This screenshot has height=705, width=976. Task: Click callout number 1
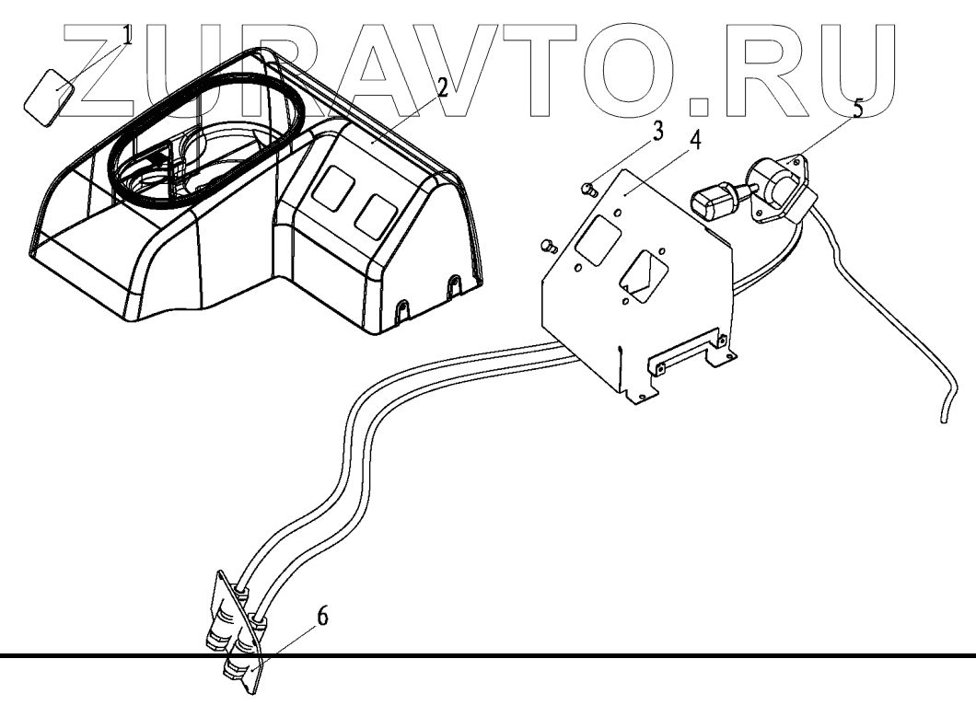point(127,37)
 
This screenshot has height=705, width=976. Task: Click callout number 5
point(857,110)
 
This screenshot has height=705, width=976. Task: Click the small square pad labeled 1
point(52,97)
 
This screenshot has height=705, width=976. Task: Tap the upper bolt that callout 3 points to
point(588,190)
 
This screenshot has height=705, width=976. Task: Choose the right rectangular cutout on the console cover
point(376,213)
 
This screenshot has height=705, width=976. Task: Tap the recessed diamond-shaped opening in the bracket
point(647,272)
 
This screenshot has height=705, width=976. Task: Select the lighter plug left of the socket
point(714,198)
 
